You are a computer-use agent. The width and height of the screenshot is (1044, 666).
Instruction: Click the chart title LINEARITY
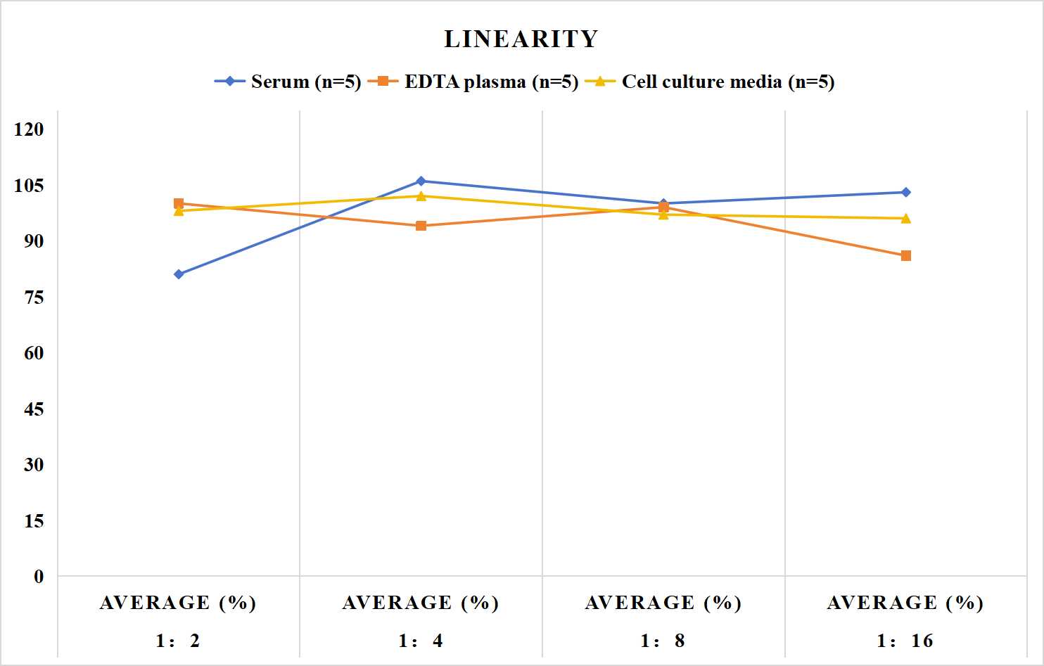[521, 39]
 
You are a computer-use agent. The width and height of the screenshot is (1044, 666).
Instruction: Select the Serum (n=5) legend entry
[288, 82]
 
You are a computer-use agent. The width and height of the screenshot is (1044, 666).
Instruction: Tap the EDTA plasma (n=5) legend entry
[473, 82]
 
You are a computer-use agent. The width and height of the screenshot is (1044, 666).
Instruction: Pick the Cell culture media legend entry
[709, 82]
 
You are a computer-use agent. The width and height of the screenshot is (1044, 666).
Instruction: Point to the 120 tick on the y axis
[29, 129]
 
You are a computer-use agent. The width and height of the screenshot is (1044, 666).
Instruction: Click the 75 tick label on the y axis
[34, 297]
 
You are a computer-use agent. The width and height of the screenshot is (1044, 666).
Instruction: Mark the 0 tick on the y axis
[39, 577]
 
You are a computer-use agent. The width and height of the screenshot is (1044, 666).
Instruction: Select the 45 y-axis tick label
[34, 409]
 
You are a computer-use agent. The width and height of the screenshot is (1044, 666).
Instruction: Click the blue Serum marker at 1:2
[179, 274]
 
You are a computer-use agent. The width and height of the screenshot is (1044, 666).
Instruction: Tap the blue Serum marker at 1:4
[421, 181]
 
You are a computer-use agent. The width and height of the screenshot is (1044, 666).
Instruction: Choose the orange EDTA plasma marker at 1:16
[905, 255]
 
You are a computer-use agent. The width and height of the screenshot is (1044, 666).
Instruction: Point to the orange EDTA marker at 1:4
[421, 226]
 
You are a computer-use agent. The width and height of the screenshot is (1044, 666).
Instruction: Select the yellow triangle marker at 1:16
[905, 218]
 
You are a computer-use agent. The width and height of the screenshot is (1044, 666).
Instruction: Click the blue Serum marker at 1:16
[905, 192]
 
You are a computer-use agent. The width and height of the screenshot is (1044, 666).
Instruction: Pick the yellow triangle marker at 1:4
[421, 196]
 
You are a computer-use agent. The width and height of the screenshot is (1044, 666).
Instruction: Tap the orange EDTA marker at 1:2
[179, 203]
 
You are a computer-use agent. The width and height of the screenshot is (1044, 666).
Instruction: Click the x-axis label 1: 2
[178, 641]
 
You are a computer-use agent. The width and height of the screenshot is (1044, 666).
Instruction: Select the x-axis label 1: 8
[663, 641]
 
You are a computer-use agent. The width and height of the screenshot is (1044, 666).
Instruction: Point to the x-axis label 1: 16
[905, 641]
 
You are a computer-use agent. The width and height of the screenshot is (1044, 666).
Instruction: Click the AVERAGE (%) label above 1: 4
[421, 603]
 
